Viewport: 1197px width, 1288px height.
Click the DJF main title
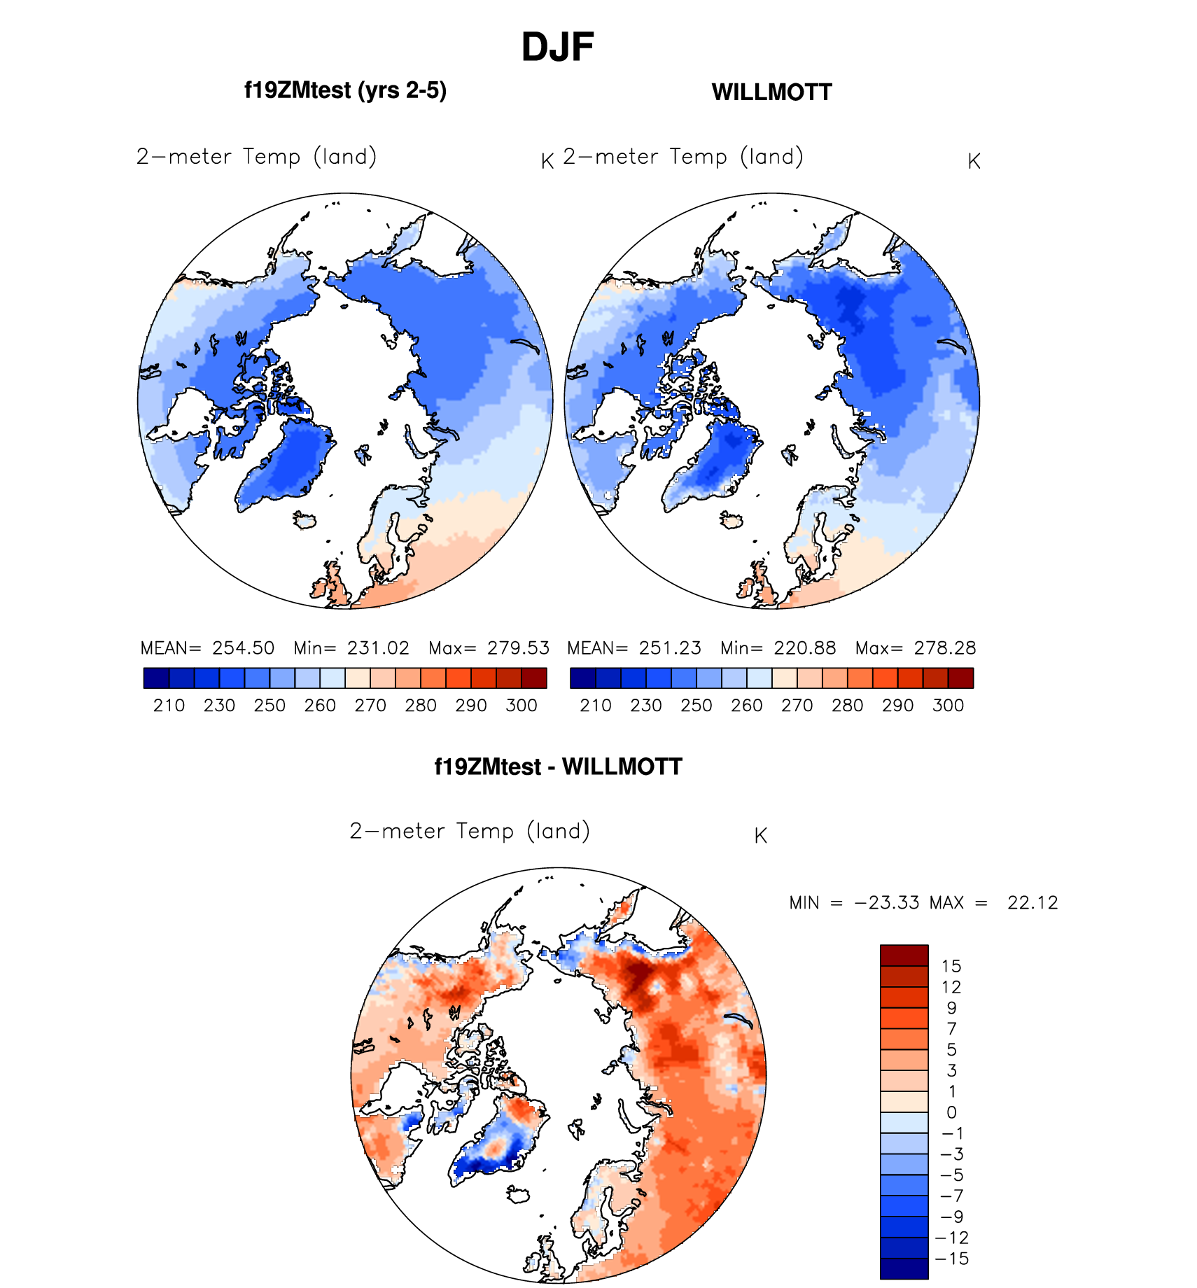pyautogui.click(x=557, y=48)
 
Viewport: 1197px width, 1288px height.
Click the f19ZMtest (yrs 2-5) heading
pyautogui.click(x=345, y=90)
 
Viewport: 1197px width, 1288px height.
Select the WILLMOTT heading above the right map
pyautogui.click(x=771, y=92)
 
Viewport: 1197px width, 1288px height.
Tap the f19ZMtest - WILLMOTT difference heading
pyautogui.click(x=558, y=766)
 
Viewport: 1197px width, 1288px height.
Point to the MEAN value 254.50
pyautogui.click(x=243, y=647)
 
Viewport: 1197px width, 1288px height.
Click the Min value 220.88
pyautogui.click(x=804, y=647)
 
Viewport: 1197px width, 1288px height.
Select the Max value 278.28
pyautogui.click(x=944, y=647)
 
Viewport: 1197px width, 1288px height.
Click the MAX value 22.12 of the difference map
pyautogui.click(x=1032, y=902)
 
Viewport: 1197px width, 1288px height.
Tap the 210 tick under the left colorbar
pyautogui.click(x=169, y=705)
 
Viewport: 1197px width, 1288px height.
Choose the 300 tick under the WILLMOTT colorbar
pyautogui.click(x=948, y=705)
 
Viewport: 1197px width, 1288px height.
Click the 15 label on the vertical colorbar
pyautogui.click(x=951, y=966)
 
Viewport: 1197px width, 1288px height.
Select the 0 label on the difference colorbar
pyautogui.click(x=951, y=1112)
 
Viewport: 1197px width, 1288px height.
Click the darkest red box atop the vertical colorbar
pyautogui.click(x=904, y=955)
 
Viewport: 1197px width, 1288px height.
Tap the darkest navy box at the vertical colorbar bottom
pyautogui.click(x=904, y=1268)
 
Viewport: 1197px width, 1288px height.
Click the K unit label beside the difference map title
pyautogui.click(x=761, y=835)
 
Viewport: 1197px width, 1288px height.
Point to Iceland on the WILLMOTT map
pyautogui.click(x=732, y=520)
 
